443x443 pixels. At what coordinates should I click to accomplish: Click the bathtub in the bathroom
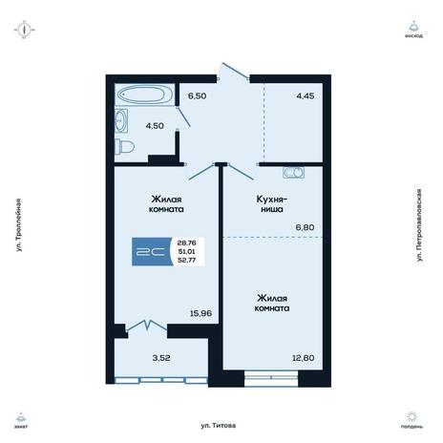pyautogui.click(x=145, y=95)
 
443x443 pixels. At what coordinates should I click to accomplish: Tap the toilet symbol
pyautogui.click(x=124, y=146)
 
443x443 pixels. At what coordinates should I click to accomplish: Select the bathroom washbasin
pyautogui.click(x=121, y=120)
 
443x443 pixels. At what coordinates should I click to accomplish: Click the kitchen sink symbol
pyautogui.click(x=293, y=173)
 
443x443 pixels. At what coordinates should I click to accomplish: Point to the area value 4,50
pyautogui.click(x=155, y=126)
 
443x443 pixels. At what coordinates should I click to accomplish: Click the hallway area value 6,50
pyautogui.click(x=197, y=95)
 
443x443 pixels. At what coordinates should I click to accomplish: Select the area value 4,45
pyautogui.click(x=306, y=95)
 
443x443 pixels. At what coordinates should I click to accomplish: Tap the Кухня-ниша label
pyautogui.click(x=272, y=204)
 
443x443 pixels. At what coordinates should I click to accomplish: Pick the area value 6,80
pyautogui.click(x=305, y=227)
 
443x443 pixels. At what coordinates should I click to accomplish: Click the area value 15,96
pyautogui.click(x=200, y=313)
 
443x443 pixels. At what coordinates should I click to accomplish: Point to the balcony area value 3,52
pyautogui.click(x=161, y=358)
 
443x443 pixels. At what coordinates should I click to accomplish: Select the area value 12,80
pyautogui.click(x=304, y=358)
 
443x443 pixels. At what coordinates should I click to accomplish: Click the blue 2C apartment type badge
pyautogui.click(x=152, y=251)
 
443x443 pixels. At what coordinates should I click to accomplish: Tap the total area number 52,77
pyautogui.click(x=187, y=260)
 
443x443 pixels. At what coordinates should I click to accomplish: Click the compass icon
pyautogui.click(x=24, y=30)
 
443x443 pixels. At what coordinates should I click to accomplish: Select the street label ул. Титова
pyautogui.click(x=219, y=426)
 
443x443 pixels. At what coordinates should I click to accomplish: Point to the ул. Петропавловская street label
pyautogui.click(x=419, y=225)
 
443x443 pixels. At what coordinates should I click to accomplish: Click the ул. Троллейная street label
pyautogui.click(x=19, y=225)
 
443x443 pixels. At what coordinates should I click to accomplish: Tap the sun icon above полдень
pyautogui.click(x=412, y=416)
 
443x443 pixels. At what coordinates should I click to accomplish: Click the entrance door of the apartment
pyautogui.click(x=236, y=71)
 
